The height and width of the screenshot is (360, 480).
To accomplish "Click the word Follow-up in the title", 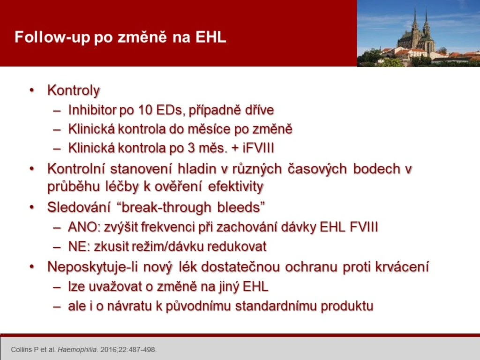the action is point(52,37).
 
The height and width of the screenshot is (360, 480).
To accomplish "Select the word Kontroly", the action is point(74,90).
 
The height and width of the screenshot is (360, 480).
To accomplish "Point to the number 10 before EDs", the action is point(145,110).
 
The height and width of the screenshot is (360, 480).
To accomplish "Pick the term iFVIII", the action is point(258,148).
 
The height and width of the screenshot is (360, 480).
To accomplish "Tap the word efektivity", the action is point(235,187).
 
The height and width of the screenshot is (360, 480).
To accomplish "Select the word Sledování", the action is point(79,207).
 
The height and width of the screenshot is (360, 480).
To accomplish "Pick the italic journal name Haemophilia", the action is point(77,350).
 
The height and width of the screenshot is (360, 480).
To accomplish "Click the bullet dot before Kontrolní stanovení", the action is point(32,169).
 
